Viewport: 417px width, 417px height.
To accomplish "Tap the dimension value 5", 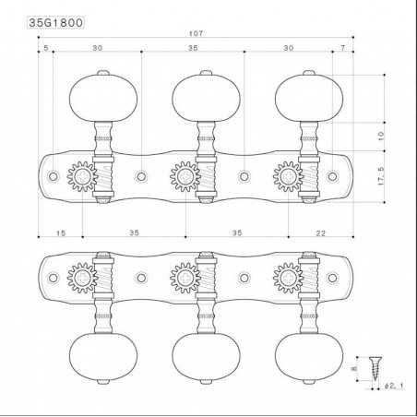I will [44, 46].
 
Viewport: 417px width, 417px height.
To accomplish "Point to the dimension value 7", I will [341, 46].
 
